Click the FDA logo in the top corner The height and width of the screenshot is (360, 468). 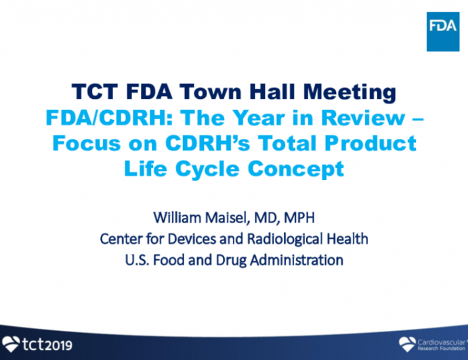[442, 30]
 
